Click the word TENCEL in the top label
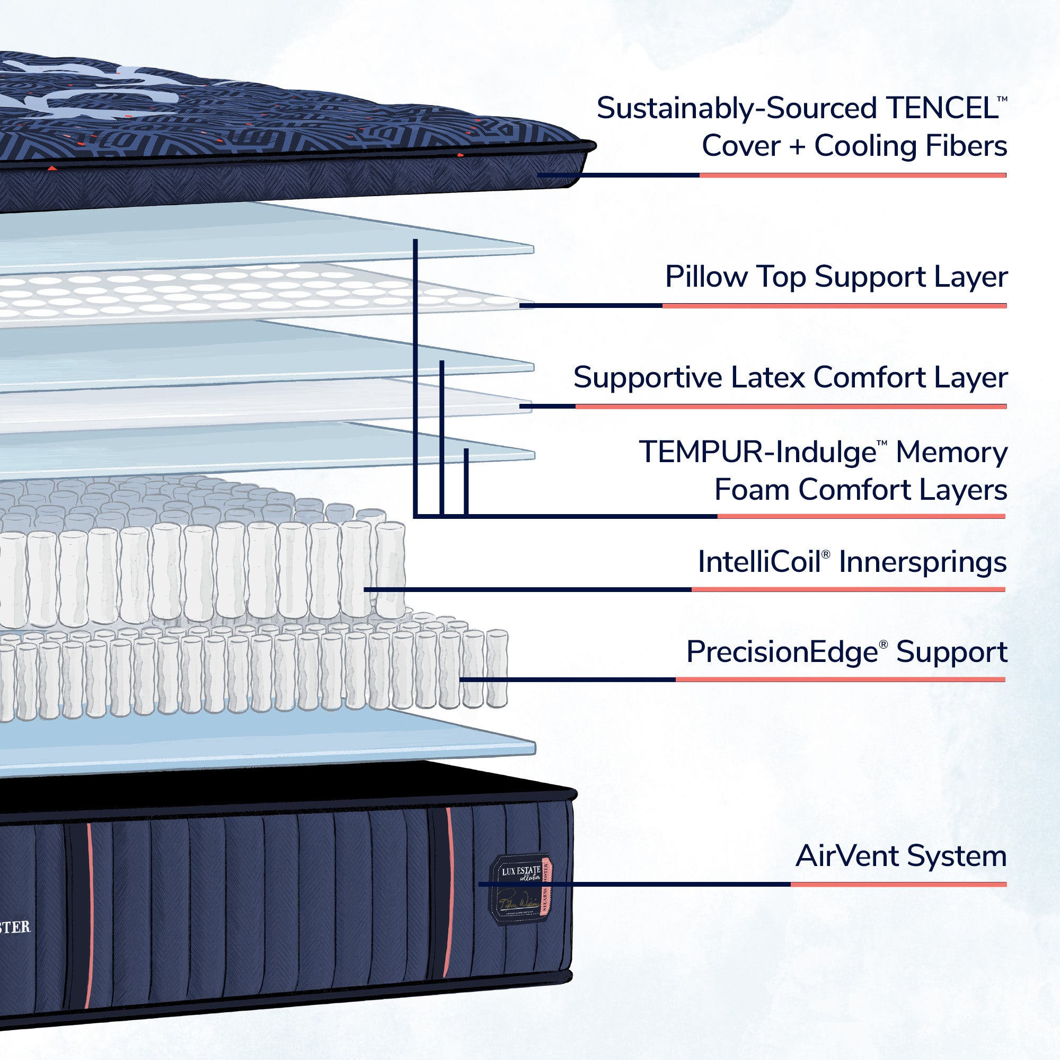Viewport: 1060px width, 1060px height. click(941, 108)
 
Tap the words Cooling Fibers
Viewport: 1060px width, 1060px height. click(910, 146)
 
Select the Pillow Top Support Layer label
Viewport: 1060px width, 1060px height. click(836, 277)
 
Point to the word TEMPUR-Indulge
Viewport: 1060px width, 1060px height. click(758, 453)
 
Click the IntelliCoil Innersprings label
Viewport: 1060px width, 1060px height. click(852, 562)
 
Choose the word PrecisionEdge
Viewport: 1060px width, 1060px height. click(782, 652)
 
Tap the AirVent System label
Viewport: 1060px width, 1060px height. click(900, 856)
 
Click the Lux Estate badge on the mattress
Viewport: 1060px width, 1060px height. click(520, 889)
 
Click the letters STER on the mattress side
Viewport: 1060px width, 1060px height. click(15, 927)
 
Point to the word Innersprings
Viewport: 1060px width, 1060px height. click(922, 562)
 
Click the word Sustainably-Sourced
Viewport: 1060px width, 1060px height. click(736, 108)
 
